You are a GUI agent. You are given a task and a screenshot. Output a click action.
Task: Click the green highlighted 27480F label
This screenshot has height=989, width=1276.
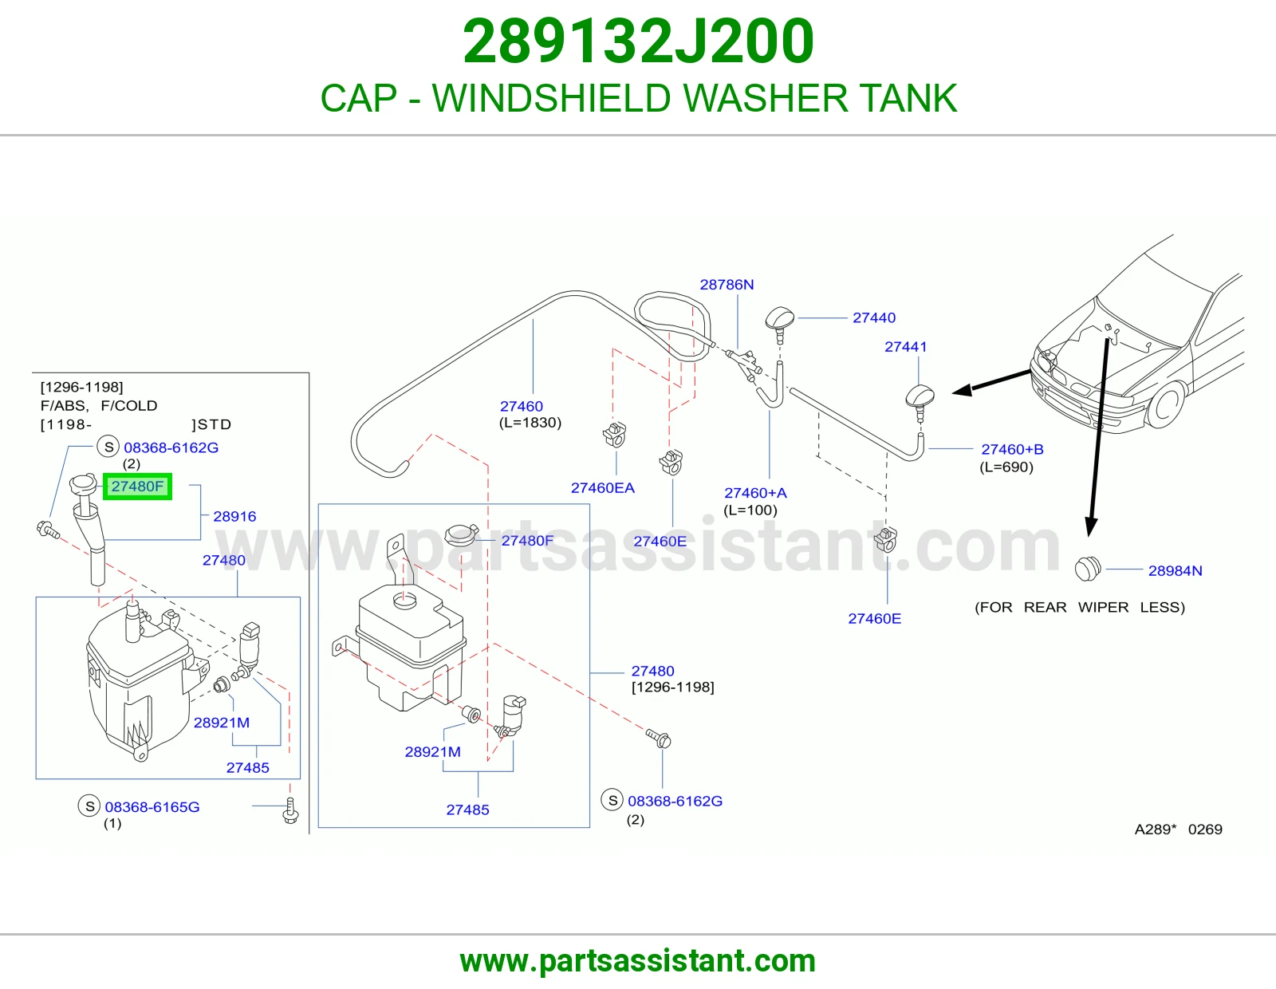click(x=137, y=487)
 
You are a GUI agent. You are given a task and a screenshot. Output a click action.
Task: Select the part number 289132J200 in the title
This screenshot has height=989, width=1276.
click(x=638, y=41)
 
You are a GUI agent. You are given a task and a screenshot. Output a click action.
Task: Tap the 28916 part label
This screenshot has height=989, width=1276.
click(x=234, y=516)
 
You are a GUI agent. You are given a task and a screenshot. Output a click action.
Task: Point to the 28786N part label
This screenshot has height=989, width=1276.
click(x=727, y=285)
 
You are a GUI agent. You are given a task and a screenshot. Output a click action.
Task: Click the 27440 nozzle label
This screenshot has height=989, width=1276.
click(x=874, y=317)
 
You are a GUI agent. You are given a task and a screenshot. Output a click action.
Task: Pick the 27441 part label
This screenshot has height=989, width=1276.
click(x=905, y=347)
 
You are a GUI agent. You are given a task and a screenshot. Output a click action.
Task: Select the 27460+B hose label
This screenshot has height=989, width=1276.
click(x=1012, y=449)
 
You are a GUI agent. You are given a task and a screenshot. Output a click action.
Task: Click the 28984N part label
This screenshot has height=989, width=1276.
click(x=1175, y=571)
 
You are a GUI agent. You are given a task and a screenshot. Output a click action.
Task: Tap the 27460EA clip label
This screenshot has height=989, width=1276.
click(x=602, y=488)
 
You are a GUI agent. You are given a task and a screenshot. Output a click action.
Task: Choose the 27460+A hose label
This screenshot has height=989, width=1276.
click(x=755, y=493)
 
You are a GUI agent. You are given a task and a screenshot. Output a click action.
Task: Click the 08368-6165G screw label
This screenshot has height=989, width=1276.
click(x=152, y=807)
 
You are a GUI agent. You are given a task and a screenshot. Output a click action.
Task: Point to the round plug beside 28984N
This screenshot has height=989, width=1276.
click(x=1088, y=569)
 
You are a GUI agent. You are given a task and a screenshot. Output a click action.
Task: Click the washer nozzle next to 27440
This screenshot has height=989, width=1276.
click(x=780, y=322)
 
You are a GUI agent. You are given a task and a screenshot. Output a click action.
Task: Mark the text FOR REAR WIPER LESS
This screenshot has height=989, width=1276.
click(x=1080, y=607)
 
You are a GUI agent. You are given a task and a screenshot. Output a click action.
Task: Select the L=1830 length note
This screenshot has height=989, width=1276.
click(x=530, y=423)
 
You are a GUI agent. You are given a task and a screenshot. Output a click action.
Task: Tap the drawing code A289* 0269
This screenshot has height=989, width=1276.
click(x=1178, y=829)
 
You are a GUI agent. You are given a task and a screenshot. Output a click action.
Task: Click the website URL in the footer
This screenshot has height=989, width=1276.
click(x=638, y=961)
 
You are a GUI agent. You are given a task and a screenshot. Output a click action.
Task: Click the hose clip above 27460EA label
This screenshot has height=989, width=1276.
click(x=615, y=435)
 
